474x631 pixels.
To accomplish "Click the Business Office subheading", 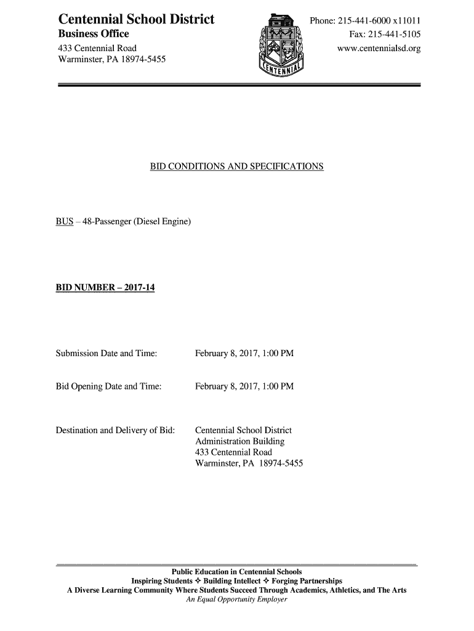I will coord(94,34).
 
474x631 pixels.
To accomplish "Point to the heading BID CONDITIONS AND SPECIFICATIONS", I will coord(237,167).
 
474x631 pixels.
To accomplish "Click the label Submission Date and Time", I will coord(106,354).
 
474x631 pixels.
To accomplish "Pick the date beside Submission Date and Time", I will coord(244,354).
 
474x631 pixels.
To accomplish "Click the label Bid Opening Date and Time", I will coord(109,386).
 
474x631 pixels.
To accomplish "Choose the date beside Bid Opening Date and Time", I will coord(244,386).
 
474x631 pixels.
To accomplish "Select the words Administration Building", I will coord(240,441).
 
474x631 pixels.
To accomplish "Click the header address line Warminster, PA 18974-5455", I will coord(111,60).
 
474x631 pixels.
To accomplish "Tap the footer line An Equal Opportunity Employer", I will coord(237,600).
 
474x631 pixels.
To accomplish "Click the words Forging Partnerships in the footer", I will coord(307,581).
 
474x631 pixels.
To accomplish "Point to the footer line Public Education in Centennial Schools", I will coord(237,572).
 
